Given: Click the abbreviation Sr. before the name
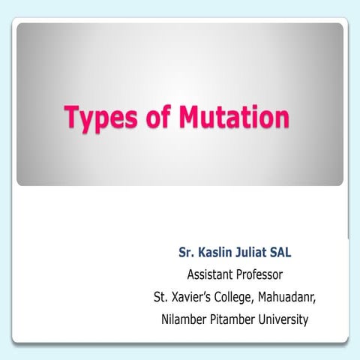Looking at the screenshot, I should tap(187, 250).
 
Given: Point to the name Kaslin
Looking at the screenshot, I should tap(219, 250).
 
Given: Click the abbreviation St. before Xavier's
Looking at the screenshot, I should tap(160, 296).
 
